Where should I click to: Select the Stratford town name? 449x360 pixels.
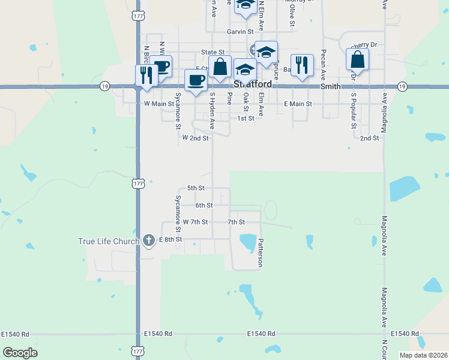[253, 85]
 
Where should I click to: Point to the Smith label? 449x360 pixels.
[330, 86]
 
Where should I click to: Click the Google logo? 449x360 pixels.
[20, 353]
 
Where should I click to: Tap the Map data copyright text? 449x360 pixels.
[423, 355]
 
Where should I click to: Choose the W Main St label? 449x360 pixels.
[158, 104]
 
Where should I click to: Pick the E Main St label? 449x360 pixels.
[298, 104]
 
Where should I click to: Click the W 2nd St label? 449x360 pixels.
[195, 138]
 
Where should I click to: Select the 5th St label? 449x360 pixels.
[196, 188]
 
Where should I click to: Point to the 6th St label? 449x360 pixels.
[204, 205]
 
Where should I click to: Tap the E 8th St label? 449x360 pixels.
[170, 239]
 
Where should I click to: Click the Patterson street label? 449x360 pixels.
[261, 253]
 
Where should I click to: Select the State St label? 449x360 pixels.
[212, 52]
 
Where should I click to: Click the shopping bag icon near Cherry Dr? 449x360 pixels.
[357, 60]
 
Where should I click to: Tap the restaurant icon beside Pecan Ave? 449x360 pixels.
[301, 65]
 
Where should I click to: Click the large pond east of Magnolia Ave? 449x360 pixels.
[402, 188]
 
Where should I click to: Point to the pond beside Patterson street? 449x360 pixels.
[247, 241]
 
